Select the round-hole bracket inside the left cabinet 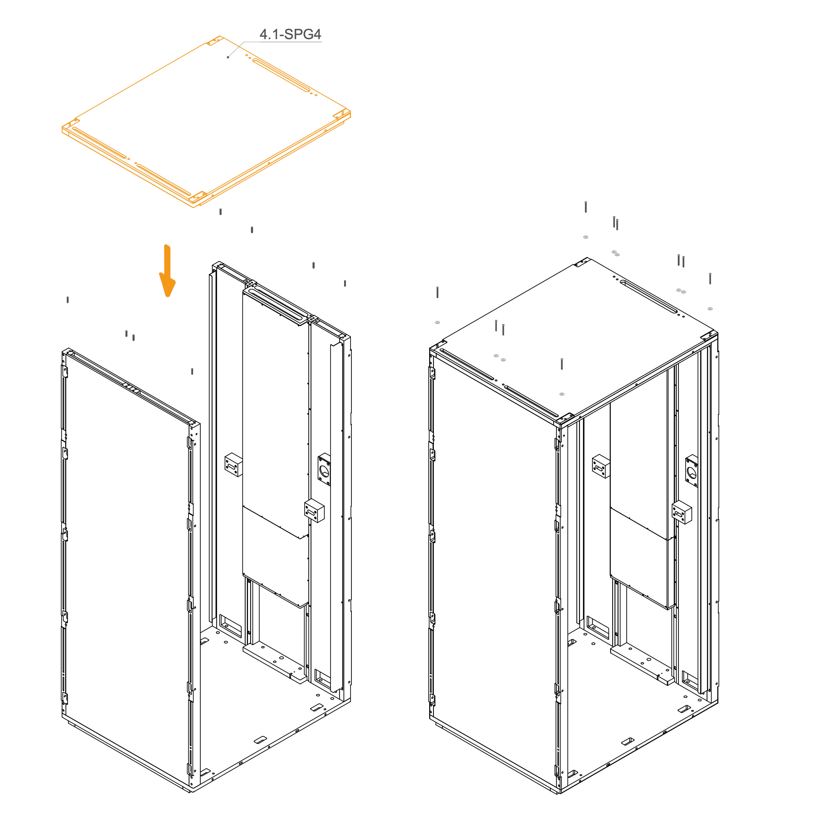pos(324,469)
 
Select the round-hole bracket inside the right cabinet pos(691,471)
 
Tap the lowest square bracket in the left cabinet pos(314,511)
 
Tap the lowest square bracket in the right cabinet pos(682,512)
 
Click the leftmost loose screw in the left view pos(68,300)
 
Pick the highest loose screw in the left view pos(220,211)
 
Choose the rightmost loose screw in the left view pos(345,283)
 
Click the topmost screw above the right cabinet pos(586,206)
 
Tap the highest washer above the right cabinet pos(586,237)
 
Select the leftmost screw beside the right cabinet pos(438,292)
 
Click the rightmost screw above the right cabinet pos(710,278)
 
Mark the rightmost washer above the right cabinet pos(710,309)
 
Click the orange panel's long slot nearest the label pos(281,75)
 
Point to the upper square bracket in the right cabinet pos(601,466)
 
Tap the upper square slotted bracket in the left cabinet pos(233,465)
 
